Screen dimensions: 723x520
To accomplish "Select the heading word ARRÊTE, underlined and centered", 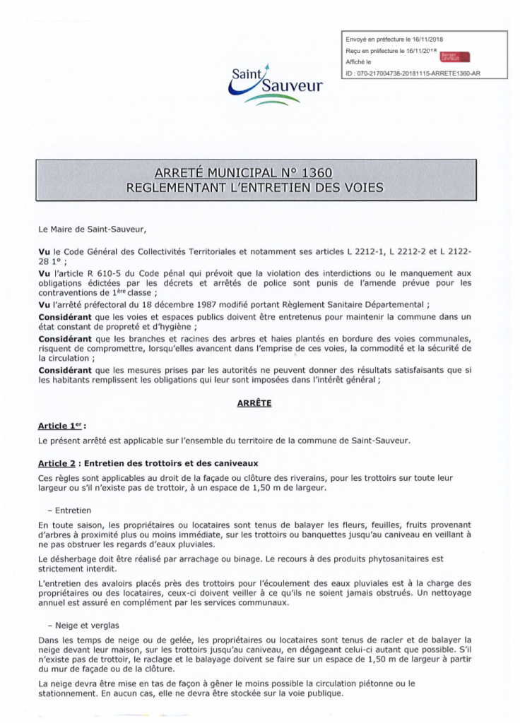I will pyautogui.click(x=260, y=403).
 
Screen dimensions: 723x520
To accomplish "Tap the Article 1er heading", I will pyautogui.click(x=60, y=426).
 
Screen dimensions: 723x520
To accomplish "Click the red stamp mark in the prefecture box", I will pyautogui.click(x=454, y=56).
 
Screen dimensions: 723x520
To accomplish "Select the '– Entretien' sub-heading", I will pyautogui.click(x=71, y=510).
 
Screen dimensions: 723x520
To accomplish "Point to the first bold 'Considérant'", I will pyautogui.click(x=68, y=318).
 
